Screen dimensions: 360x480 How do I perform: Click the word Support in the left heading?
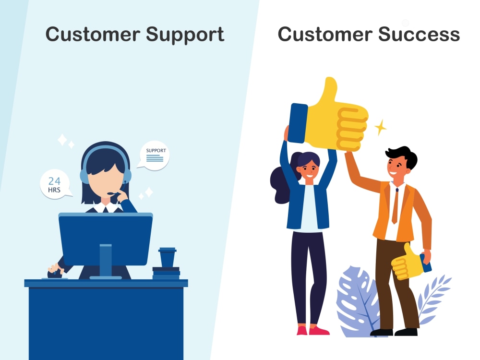click(185, 35)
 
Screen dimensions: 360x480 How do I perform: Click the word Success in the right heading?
click(419, 35)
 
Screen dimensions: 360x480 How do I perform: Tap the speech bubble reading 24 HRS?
click(54, 185)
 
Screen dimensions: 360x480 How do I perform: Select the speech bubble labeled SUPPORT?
click(155, 155)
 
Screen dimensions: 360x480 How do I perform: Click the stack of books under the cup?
click(166, 273)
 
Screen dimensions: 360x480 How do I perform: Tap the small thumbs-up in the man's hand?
click(405, 262)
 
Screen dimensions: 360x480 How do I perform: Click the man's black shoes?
click(394, 332)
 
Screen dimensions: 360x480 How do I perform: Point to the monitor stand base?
click(106, 277)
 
